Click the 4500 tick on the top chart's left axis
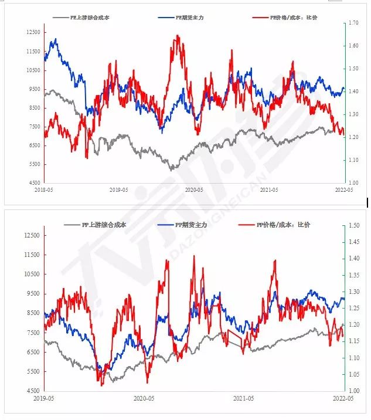(x=34, y=183)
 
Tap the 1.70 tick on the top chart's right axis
(x=353, y=23)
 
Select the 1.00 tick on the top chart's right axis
(x=353, y=183)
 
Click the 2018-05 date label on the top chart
(x=43, y=190)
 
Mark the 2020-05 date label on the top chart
(x=193, y=190)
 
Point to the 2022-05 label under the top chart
(x=343, y=190)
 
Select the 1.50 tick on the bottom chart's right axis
(x=353, y=225)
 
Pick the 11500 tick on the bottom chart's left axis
(x=32, y=255)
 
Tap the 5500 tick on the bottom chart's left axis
(x=34, y=371)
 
